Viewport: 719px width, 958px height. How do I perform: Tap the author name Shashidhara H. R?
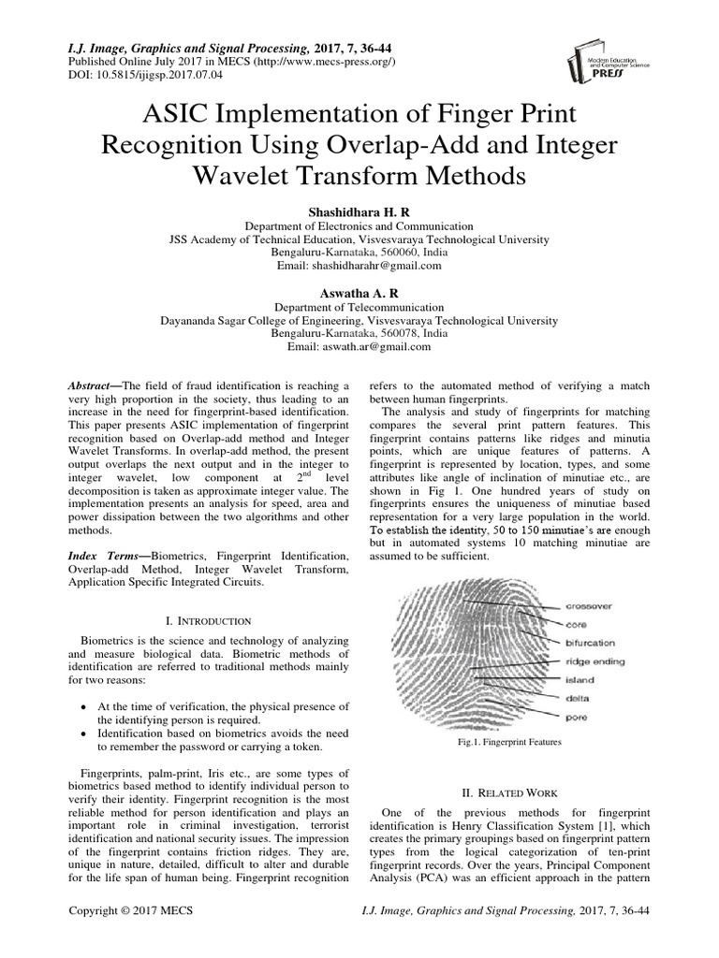359,213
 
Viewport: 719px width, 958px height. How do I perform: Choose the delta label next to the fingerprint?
577,698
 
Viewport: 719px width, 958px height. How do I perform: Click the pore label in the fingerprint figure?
576,717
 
